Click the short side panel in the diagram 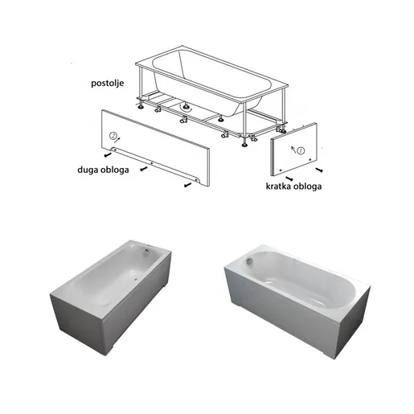tap(293, 151)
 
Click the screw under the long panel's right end tap(188, 185)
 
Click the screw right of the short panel tap(320, 170)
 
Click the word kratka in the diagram tap(277, 187)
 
